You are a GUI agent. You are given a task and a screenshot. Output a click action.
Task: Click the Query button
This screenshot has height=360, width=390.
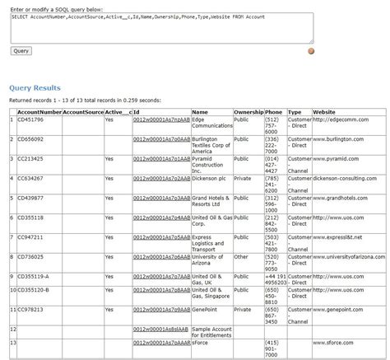coord(21,50)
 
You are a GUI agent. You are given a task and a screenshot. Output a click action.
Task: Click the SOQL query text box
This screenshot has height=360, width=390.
coord(161,27)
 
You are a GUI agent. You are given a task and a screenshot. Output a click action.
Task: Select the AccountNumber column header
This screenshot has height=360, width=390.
coord(39,111)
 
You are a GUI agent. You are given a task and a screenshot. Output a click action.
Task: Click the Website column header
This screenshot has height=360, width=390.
coord(324,111)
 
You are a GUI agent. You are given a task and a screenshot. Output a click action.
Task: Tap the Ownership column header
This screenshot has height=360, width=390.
coord(248,111)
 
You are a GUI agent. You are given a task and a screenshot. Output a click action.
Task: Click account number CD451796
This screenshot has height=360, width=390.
coord(30,119)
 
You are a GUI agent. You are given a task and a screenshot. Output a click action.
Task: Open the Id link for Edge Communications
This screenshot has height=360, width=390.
coord(161,119)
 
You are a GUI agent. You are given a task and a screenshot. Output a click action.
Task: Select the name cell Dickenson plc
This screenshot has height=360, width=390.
coord(209,177)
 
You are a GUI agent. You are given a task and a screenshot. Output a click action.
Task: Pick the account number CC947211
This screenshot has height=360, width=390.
coord(30,236)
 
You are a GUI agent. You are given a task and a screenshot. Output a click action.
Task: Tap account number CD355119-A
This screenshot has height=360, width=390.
coord(34,276)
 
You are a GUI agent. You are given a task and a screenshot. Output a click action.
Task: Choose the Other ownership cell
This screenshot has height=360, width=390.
coord(241,256)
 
